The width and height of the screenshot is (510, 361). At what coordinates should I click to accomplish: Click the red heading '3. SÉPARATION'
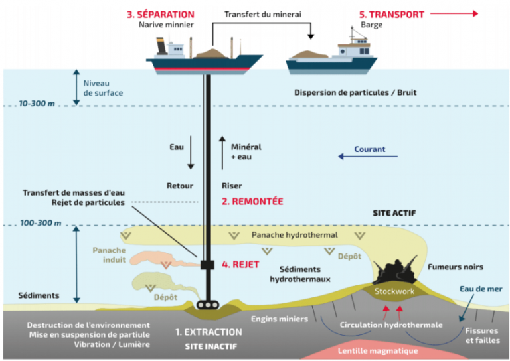[x=161, y=14]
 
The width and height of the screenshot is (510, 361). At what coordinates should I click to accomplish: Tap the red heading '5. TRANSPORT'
[x=392, y=14]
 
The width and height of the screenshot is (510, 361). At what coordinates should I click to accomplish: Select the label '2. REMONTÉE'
[x=252, y=201]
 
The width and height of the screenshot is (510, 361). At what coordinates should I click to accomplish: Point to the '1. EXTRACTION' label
[x=208, y=331]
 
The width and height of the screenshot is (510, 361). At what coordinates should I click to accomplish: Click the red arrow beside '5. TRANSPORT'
[x=455, y=13]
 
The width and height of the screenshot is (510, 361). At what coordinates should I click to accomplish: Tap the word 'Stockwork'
[x=393, y=291]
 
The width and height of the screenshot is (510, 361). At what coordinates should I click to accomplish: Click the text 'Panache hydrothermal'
[x=295, y=235]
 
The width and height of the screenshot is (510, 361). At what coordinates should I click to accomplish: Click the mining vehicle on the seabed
[x=207, y=305]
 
